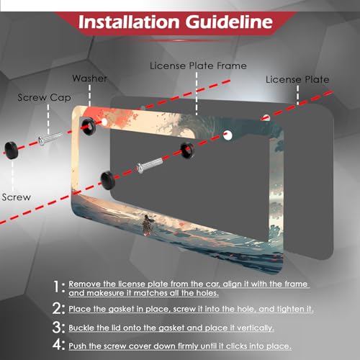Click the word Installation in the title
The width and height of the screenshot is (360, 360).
point(129,22)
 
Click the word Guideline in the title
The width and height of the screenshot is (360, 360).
point(229,22)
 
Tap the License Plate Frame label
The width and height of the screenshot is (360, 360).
point(198,66)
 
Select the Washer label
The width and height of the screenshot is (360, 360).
point(89,78)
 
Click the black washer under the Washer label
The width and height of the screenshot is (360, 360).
point(89,126)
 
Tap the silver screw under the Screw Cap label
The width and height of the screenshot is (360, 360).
point(50,139)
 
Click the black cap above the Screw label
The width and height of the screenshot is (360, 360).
point(12,150)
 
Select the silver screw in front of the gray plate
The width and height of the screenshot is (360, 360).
point(150,165)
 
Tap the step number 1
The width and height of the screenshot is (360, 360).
point(56,287)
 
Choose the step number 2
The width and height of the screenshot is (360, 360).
point(57,308)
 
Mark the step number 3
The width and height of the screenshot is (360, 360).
point(57,328)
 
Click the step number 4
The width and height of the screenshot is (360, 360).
point(57,345)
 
